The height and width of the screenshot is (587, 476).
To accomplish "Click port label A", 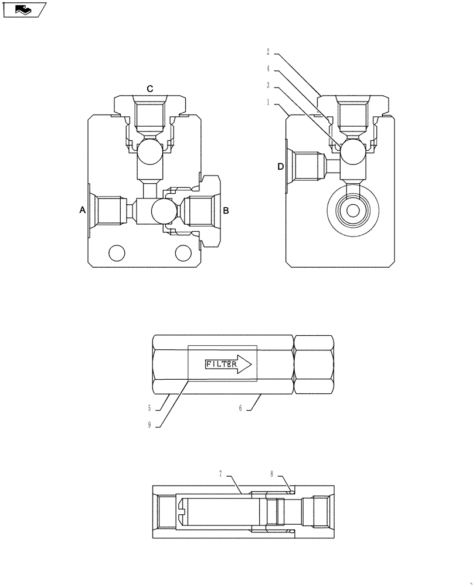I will (83, 210).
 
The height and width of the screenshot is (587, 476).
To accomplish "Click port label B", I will (226, 210).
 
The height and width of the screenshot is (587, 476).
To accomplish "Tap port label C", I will (150, 89).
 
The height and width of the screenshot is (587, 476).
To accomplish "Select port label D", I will (280, 167).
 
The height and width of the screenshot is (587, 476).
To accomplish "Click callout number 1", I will (267, 103).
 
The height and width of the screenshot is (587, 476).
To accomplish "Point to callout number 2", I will (267, 52).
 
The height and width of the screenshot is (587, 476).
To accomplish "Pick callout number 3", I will (267, 86).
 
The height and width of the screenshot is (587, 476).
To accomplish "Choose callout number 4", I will (267, 69).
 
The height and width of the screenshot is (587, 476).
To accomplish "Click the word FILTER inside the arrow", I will (221, 364).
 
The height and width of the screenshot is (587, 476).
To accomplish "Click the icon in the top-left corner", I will (23, 9).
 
